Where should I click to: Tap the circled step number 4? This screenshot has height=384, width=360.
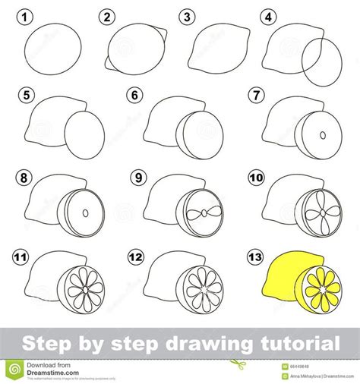[x=267, y=16]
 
